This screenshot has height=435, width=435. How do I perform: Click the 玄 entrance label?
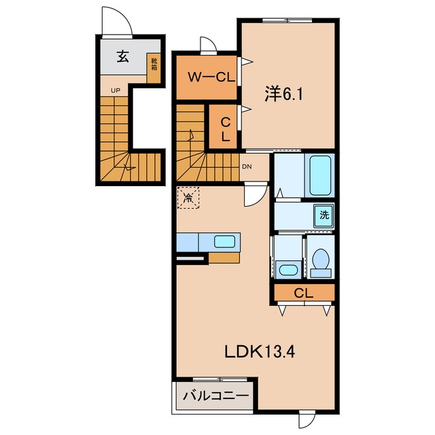(x=123, y=56)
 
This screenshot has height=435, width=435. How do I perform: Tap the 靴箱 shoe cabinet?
(x=154, y=68)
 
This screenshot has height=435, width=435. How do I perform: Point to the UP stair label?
(x=116, y=90)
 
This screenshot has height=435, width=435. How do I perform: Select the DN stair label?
(x=247, y=167)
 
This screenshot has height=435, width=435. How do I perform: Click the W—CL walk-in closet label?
(x=211, y=77)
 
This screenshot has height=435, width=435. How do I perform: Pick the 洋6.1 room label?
(x=283, y=94)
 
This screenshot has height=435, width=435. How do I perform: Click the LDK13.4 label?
(x=260, y=351)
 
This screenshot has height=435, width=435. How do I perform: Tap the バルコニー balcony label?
(x=215, y=396)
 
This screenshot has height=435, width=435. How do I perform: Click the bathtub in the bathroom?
(x=320, y=175)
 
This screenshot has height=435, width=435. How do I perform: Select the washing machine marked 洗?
(x=324, y=215)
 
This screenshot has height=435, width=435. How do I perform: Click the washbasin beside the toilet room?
(x=288, y=269)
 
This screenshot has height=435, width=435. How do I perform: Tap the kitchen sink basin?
(x=224, y=241)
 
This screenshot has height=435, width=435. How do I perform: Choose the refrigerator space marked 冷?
(x=188, y=198)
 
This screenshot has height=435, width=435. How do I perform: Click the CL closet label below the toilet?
(x=304, y=293)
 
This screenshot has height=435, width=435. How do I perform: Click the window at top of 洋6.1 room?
(x=288, y=20)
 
